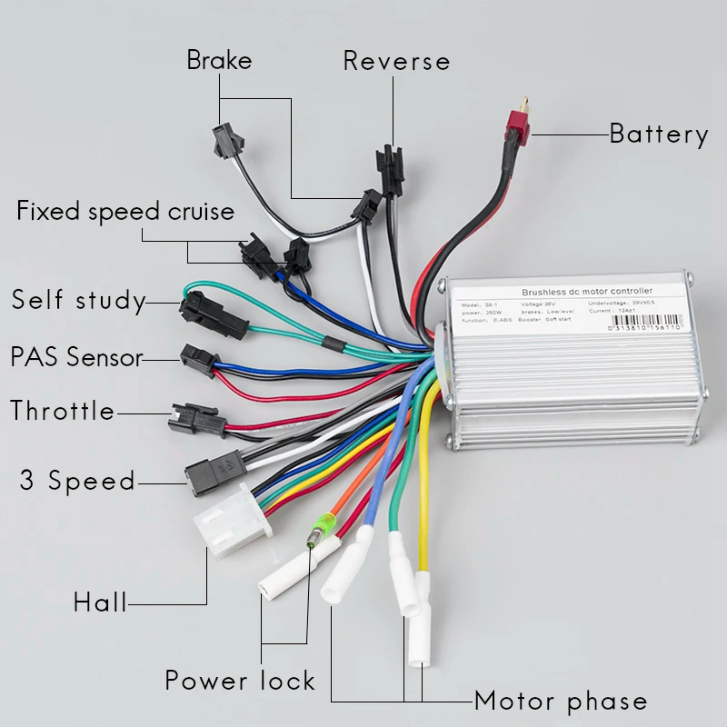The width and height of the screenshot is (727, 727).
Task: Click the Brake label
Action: click(x=219, y=61)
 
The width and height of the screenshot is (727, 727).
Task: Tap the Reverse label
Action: click(x=396, y=61)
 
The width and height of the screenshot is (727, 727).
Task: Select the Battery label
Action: click(x=659, y=134)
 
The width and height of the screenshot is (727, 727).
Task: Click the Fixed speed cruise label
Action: click(x=125, y=212)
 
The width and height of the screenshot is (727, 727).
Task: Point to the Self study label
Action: click(x=78, y=300)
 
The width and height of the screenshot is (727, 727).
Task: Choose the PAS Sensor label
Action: click(x=77, y=356)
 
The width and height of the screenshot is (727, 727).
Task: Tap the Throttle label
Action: click(x=63, y=411)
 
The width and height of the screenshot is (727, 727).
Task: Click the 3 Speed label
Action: click(x=77, y=481)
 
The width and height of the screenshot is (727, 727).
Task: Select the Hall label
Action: click(x=100, y=602)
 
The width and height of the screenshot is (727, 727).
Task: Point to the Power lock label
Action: click(x=240, y=680)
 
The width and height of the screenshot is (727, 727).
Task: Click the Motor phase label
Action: click(x=561, y=702)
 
